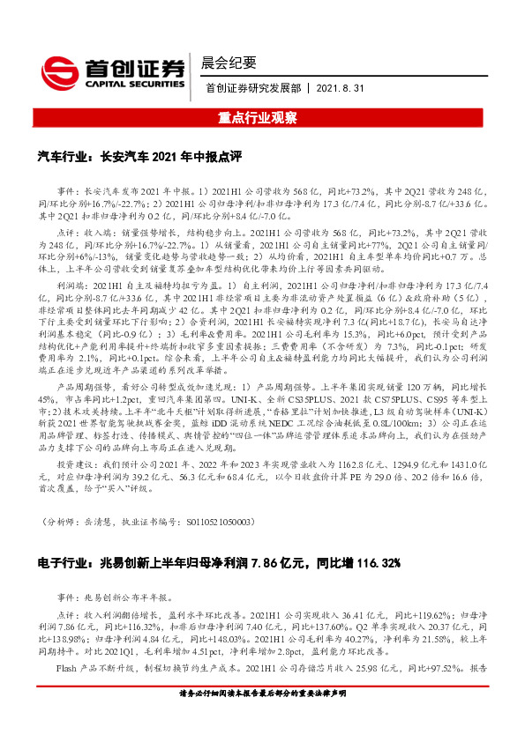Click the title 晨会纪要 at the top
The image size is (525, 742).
[x=229, y=63]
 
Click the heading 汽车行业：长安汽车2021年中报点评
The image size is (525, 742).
[x=139, y=156]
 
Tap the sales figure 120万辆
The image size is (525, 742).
[x=426, y=386]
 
